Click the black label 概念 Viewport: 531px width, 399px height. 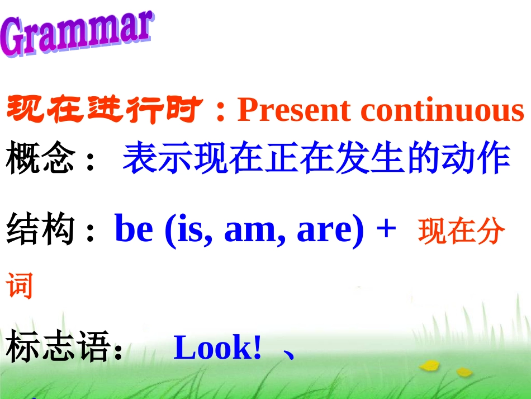(40, 159)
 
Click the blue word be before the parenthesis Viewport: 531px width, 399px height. (134, 229)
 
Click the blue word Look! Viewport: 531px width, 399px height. (217, 348)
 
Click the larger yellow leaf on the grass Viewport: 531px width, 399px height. (429, 365)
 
